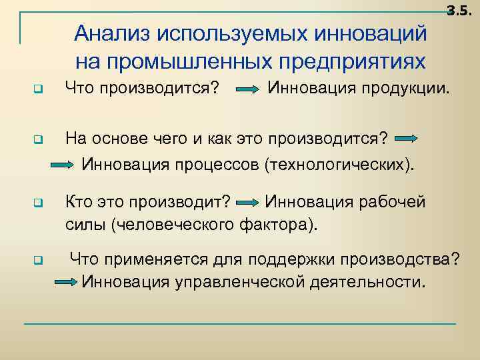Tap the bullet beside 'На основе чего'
tap(38, 140)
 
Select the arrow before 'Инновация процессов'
tap(66, 164)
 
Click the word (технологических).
tap(339, 163)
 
